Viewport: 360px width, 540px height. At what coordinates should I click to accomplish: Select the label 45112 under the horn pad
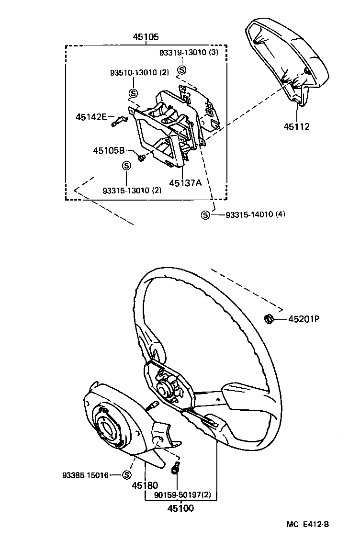pyautogui.click(x=296, y=127)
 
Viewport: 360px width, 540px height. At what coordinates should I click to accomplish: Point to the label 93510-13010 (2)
pyautogui.click(x=140, y=73)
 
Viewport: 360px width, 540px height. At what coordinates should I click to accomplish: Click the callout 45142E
pyautogui.click(x=91, y=116)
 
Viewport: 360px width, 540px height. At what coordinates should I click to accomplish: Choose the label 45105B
pyautogui.click(x=109, y=150)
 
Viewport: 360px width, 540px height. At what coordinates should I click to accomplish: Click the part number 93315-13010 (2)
pyautogui.click(x=132, y=190)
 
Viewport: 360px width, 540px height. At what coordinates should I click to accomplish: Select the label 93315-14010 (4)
pyautogui.click(x=255, y=214)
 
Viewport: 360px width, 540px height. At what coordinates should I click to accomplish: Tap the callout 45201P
pyautogui.click(x=303, y=318)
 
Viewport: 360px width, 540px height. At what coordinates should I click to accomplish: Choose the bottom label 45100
pyautogui.click(x=180, y=508)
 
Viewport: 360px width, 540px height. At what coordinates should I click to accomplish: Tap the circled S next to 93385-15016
pyautogui.click(x=126, y=475)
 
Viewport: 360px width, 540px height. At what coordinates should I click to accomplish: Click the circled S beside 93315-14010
pyautogui.click(x=205, y=215)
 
